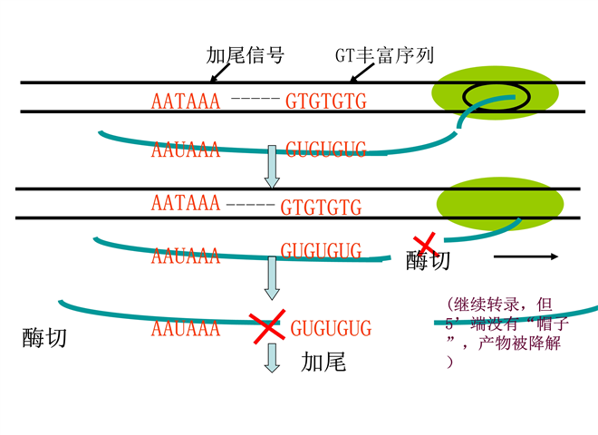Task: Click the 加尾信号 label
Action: point(246,55)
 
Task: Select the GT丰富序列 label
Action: point(384,55)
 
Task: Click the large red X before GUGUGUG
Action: point(266,327)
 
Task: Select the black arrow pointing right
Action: point(526,256)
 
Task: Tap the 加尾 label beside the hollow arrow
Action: point(323,363)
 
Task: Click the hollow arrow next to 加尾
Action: point(271,359)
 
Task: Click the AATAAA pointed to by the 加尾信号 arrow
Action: point(186,101)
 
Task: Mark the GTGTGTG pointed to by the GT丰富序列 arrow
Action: point(326,101)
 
